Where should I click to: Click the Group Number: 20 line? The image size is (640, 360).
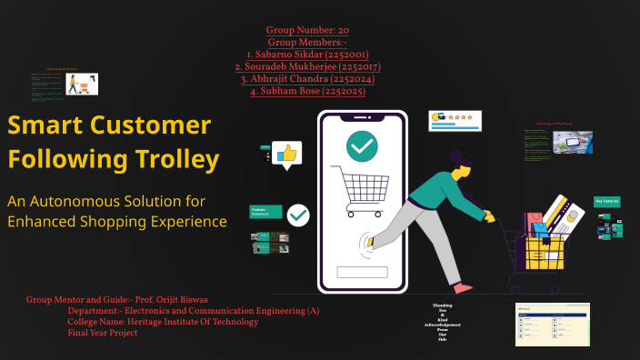coord(307,30)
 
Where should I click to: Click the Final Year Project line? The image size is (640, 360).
coord(102,333)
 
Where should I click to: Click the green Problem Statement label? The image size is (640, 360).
coord(266,211)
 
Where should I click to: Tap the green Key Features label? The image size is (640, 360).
coord(606,201)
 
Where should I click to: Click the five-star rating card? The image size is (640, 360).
coord(455,120)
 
